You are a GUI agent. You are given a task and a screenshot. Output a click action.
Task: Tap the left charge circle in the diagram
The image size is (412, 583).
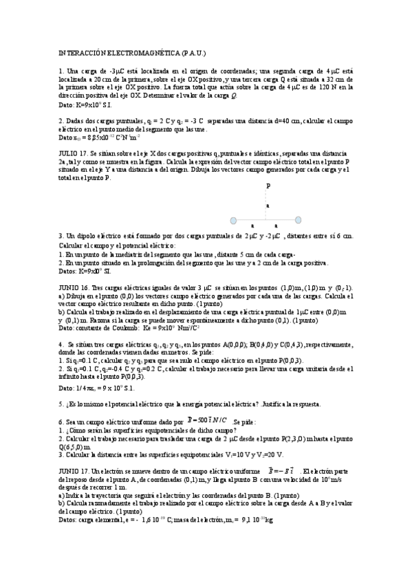233,221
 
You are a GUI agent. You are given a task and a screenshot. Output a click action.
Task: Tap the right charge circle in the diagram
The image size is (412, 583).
298,221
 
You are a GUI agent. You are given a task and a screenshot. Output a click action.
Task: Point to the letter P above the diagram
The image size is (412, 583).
268,186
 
